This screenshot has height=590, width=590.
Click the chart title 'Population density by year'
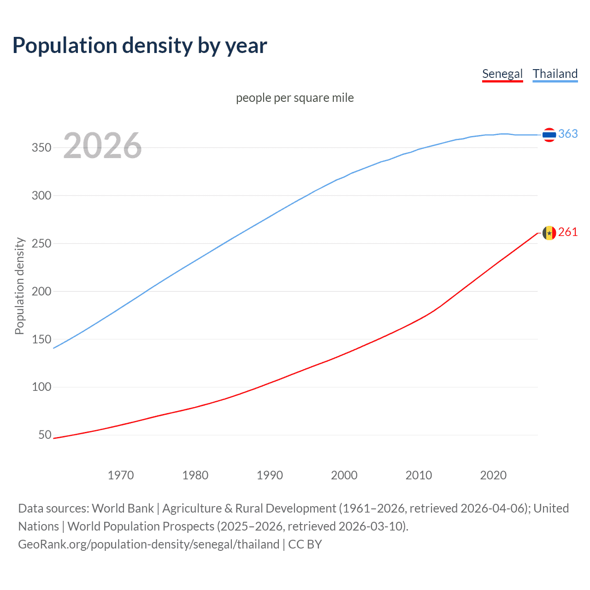tap(140, 46)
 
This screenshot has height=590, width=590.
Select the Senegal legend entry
tap(502, 74)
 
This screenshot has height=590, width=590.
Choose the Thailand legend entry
tap(555, 74)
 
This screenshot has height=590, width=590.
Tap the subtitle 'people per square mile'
tap(295, 98)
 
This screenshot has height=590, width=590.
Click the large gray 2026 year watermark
tap(102, 146)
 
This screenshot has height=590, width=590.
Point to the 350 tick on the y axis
tap(41, 148)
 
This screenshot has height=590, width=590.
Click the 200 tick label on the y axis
tap(41, 291)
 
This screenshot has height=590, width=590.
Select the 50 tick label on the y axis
tap(45, 435)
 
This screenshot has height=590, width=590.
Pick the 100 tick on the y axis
tap(41, 387)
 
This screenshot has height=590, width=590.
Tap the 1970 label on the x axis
tap(121, 475)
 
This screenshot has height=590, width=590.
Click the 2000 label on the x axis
tap(344, 475)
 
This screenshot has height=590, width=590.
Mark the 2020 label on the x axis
tap(493, 475)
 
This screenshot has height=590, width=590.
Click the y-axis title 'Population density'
tap(19, 286)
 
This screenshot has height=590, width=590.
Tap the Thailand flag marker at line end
tap(549, 135)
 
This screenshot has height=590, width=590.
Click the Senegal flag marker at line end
tap(549, 233)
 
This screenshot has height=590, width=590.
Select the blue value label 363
tap(568, 134)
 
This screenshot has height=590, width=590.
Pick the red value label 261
tap(568, 232)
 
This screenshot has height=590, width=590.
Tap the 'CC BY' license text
tap(305, 544)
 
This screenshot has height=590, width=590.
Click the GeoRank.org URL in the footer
tap(148, 544)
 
